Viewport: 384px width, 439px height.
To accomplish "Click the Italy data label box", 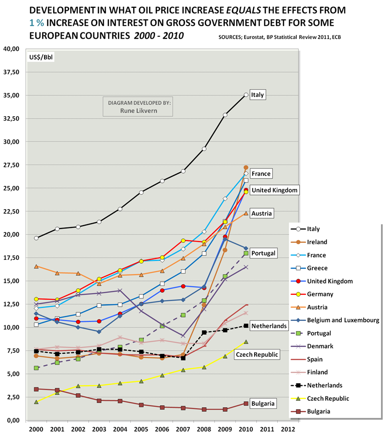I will (258, 95).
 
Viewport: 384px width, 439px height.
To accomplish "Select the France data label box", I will (261, 174).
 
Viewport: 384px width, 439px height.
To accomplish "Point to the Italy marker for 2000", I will (36, 238).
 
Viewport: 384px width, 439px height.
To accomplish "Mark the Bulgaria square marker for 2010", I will (246, 404).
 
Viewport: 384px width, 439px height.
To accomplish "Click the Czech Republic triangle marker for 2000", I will (36, 402).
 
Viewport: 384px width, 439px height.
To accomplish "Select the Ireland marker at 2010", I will (246, 167).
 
